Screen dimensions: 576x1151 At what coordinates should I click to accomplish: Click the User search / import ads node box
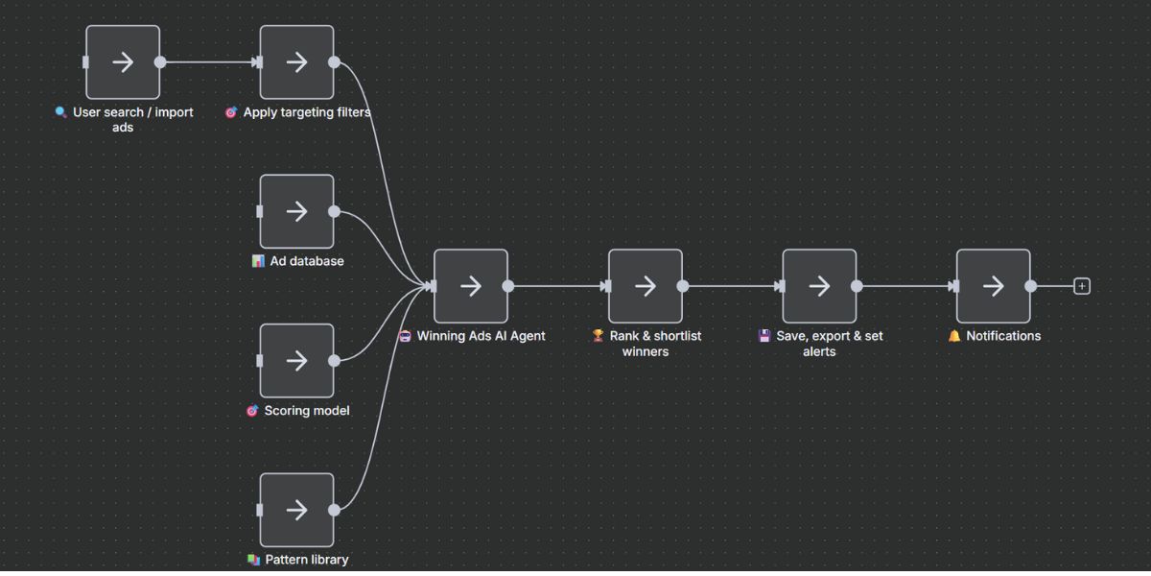tap(123, 62)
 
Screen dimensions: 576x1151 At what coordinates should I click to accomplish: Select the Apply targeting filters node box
tap(297, 62)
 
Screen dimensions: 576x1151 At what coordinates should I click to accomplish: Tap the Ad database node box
tap(297, 211)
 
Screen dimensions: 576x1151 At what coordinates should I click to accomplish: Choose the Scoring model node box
tap(297, 361)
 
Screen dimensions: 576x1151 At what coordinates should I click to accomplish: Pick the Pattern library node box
tap(297, 510)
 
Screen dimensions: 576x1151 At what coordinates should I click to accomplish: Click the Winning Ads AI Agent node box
tap(471, 286)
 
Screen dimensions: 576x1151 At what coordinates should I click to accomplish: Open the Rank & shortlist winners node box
tap(646, 286)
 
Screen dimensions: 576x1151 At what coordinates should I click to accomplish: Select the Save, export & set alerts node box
tap(819, 286)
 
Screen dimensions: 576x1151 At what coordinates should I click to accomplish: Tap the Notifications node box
tap(994, 286)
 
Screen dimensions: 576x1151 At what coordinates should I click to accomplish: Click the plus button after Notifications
tap(1082, 286)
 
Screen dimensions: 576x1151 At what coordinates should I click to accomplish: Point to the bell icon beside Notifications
tap(954, 336)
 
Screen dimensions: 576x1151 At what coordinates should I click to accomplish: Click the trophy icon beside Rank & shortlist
tap(598, 336)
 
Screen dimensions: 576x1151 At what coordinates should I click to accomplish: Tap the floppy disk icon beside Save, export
tap(764, 336)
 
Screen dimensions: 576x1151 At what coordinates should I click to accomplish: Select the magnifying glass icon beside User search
tap(61, 112)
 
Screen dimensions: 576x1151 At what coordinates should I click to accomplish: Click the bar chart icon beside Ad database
tap(258, 261)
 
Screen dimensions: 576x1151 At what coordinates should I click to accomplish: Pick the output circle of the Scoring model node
tap(334, 361)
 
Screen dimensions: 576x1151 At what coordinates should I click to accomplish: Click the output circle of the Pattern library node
tap(334, 510)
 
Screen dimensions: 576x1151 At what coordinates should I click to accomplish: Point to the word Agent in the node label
tap(526, 336)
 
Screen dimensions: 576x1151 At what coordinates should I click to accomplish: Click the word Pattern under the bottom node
tap(286, 560)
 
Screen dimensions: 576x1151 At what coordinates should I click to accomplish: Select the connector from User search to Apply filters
tap(209, 62)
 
